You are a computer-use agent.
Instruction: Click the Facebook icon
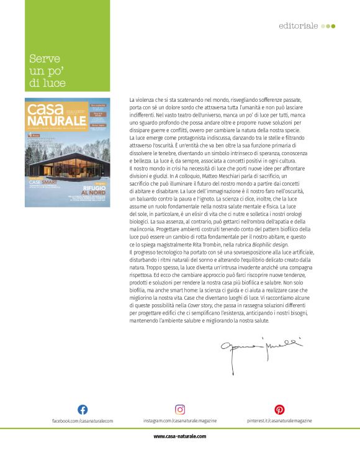83,410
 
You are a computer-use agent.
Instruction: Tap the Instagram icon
180,410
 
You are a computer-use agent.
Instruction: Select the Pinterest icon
279,410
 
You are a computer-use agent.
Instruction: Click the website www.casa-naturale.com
180,436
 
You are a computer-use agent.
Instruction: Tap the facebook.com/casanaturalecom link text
83,421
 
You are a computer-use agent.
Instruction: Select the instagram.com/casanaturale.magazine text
179,421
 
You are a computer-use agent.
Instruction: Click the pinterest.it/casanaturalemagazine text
279,421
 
